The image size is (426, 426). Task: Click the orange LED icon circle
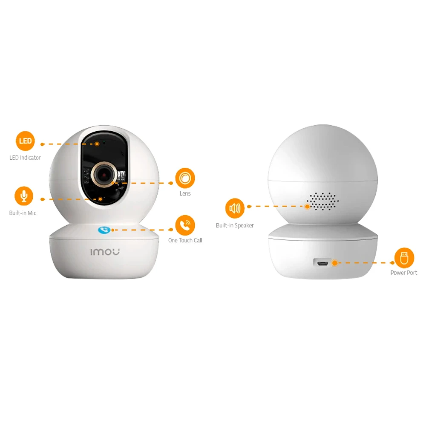pyautogui.click(x=25, y=141)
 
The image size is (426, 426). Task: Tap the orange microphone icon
pyautogui.click(x=24, y=196)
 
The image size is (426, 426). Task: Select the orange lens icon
pyautogui.click(x=185, y=178)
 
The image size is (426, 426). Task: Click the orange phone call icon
pyautogui.click(x=185, y=225)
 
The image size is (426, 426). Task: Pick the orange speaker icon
pyautogui.click(x=235, y=208)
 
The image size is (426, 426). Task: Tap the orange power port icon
pyautogui.click(x=404, y=258)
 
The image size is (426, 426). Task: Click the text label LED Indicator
pyautogui.click(x=25, y=158)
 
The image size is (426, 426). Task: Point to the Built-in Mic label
pyautogui.click(x=23, y=213)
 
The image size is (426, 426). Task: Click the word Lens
pyautogui.click(x=185, y=193)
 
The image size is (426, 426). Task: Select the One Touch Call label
pyautogui.click(x=185, y=240)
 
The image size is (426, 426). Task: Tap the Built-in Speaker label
pyautogui.click(x=235, y=225)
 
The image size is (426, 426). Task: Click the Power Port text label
pyautogui.click(x=404, y=273)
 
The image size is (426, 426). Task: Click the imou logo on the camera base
pyautogui.click(x=105, y=252)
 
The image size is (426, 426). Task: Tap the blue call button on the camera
pyautogui.click(x=104, y=230)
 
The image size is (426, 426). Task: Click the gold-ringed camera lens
pyautogui.click(x=104, y=175)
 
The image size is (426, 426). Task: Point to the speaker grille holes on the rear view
pyautogui.click(x=323, y=201)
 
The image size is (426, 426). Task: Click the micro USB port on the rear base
pyautogui.click(x=322, y=263)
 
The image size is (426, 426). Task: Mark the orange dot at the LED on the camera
pyautogui.click(x=97, y=144)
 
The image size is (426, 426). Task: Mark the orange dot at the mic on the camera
pyautogui.click(x=100, y=199)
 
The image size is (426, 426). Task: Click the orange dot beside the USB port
pyautogui.click(x=335, y=263)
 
